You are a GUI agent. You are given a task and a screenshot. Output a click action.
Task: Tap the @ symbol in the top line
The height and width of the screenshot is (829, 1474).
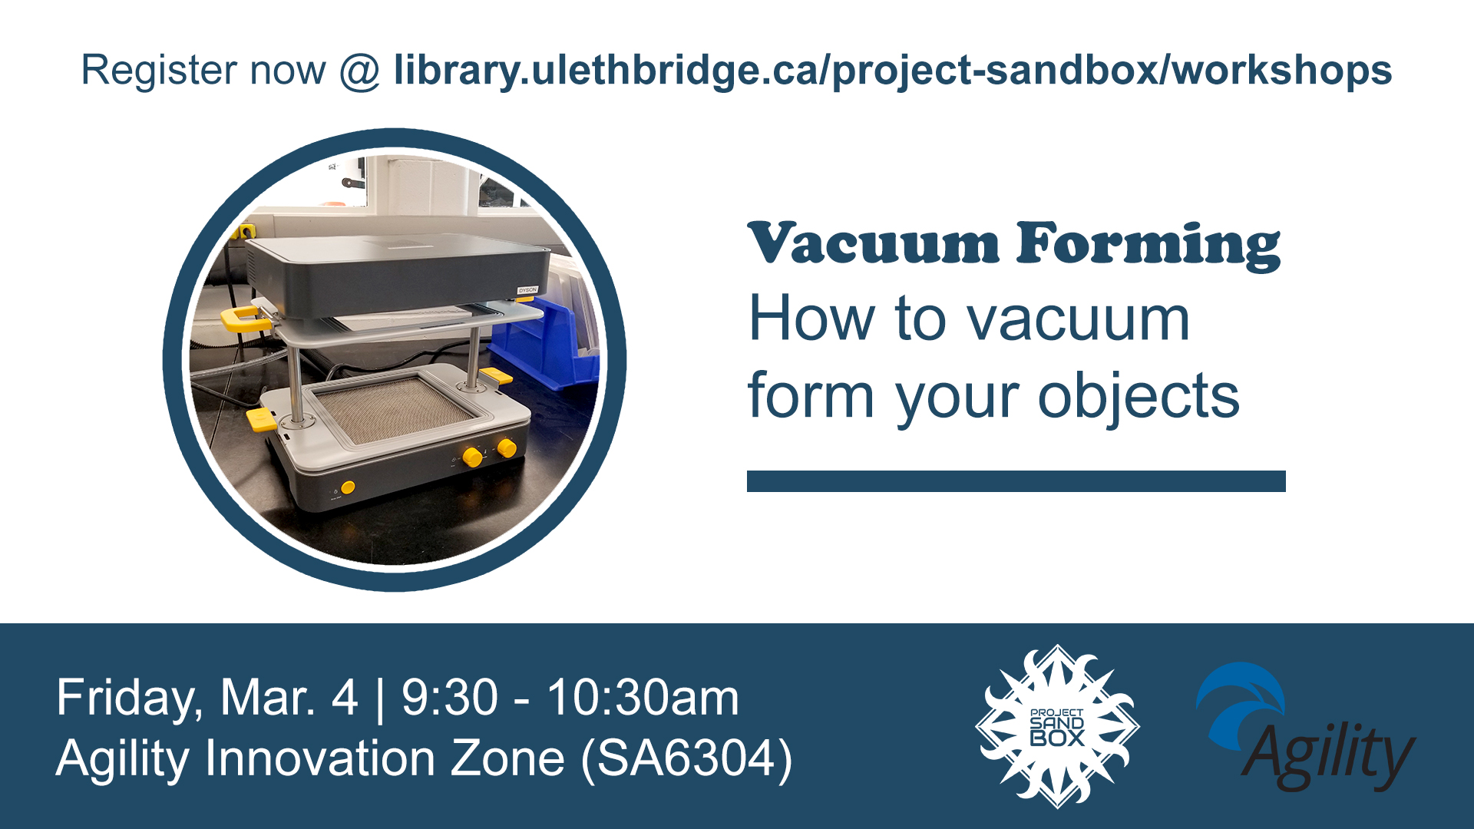click(359, 71)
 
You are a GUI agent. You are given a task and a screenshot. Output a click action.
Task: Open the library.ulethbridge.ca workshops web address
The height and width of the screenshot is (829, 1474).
click(893, 71)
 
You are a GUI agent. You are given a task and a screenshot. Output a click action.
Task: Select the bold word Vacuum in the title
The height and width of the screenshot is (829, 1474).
click(874, 244)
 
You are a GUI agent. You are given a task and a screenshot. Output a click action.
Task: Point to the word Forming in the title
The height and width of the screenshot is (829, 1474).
click(1148, 246)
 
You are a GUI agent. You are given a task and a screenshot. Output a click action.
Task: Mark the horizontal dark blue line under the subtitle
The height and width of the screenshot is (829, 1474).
click(1016, 481)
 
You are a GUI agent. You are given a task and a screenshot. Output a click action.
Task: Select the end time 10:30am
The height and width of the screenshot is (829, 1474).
click(643, 699)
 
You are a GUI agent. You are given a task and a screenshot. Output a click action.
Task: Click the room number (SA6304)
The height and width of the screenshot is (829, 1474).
click(686, 759)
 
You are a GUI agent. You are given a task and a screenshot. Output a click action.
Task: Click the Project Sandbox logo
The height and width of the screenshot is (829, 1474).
click(1057, 726)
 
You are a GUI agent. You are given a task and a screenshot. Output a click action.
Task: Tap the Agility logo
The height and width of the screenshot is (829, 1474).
click(1305, 727)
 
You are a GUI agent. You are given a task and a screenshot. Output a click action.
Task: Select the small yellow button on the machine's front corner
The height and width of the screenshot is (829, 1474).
click(348, 487)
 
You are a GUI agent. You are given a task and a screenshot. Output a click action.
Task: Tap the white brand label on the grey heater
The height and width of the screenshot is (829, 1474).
click(527, 290)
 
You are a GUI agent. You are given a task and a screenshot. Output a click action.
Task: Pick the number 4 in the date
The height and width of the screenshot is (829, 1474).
click(345, 699)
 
